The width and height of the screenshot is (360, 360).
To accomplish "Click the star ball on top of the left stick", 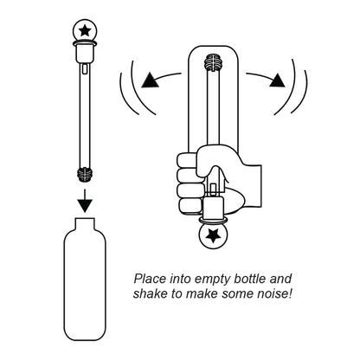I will pos(85,31).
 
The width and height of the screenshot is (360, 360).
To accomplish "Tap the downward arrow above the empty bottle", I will pos(85,202).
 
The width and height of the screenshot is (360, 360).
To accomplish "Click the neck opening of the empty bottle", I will pos(85,222).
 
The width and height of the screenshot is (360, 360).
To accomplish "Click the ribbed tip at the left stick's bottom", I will pos(85,172).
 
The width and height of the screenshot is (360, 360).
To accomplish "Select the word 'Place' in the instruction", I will pos(149,280).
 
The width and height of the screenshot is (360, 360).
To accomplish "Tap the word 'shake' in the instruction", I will pos(151,295).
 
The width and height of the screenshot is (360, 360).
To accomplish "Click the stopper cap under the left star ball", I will pos(85,51).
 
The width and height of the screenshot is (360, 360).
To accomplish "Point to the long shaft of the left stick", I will pos(85,112).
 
